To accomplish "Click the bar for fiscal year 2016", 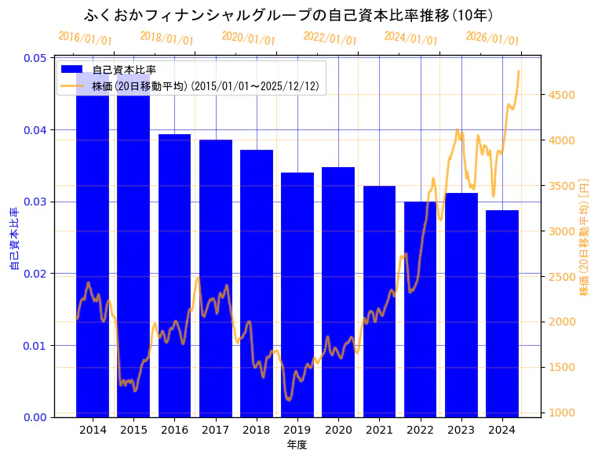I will tap(174, 275).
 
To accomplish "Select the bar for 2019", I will tap(297, 295).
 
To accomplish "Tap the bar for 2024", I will tap(502, 314).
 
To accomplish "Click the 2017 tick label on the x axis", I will tap(215, 430).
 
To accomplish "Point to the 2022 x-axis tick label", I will tap(420, 430).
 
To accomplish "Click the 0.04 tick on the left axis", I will tap(35, 130).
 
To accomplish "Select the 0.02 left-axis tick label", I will tap(35, 274).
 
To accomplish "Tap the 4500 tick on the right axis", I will tap(562, 96).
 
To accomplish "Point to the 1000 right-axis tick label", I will tap(562, 413).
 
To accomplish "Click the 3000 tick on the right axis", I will tap(562, 231).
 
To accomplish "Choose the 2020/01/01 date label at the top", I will tap(248, 38).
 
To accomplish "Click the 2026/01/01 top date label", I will tap(492, 38).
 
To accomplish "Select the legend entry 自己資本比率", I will tap(119, 70).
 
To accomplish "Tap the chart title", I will tap(288, 16).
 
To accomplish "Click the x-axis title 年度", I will tap(297, 445).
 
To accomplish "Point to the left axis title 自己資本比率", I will tap(14, 238).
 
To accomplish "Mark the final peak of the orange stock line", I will tap(519, 71).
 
